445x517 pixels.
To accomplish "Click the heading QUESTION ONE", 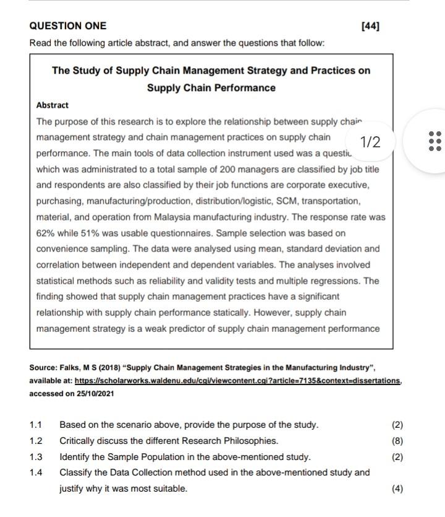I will coord(68,26).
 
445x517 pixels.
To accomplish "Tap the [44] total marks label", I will coord(370,26).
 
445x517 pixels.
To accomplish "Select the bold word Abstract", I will coord(53,105).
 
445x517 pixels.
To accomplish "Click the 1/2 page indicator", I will coord(370,142).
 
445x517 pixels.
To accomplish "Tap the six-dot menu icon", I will coord(434,141).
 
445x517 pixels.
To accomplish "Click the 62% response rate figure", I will coord(47,233).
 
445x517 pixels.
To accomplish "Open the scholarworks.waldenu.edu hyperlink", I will coord(238,380).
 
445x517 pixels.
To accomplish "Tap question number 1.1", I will coord(36,425).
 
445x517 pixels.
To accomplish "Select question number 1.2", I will coord(36,441).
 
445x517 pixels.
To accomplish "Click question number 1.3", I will coord(36,457).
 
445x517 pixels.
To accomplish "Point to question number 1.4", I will coord(36,472).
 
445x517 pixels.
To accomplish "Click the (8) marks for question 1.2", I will coord(397,441).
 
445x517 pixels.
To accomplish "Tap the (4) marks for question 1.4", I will coord(397,489).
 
